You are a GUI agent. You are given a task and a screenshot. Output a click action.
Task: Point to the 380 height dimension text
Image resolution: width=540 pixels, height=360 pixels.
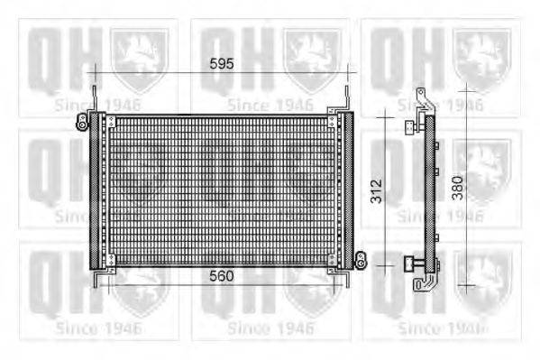pyautogui.click(x=458, y=187)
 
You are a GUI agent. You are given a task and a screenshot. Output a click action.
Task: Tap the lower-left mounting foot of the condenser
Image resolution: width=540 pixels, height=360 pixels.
pyautogui.click(x=96, y=276)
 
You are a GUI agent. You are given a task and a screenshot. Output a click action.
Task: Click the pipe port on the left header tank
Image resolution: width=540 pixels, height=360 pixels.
pyautogui.click(x=87, y=122)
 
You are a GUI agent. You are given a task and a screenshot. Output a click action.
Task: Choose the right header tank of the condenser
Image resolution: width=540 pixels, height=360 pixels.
pyautogui.click(x=342, y=190)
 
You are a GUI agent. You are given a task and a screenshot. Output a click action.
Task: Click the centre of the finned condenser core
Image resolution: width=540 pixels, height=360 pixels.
pyautogui.click(x=221, y=190)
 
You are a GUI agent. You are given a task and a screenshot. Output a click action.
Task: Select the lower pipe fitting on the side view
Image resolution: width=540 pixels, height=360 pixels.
pyautogui.click(x=414, y=263)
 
